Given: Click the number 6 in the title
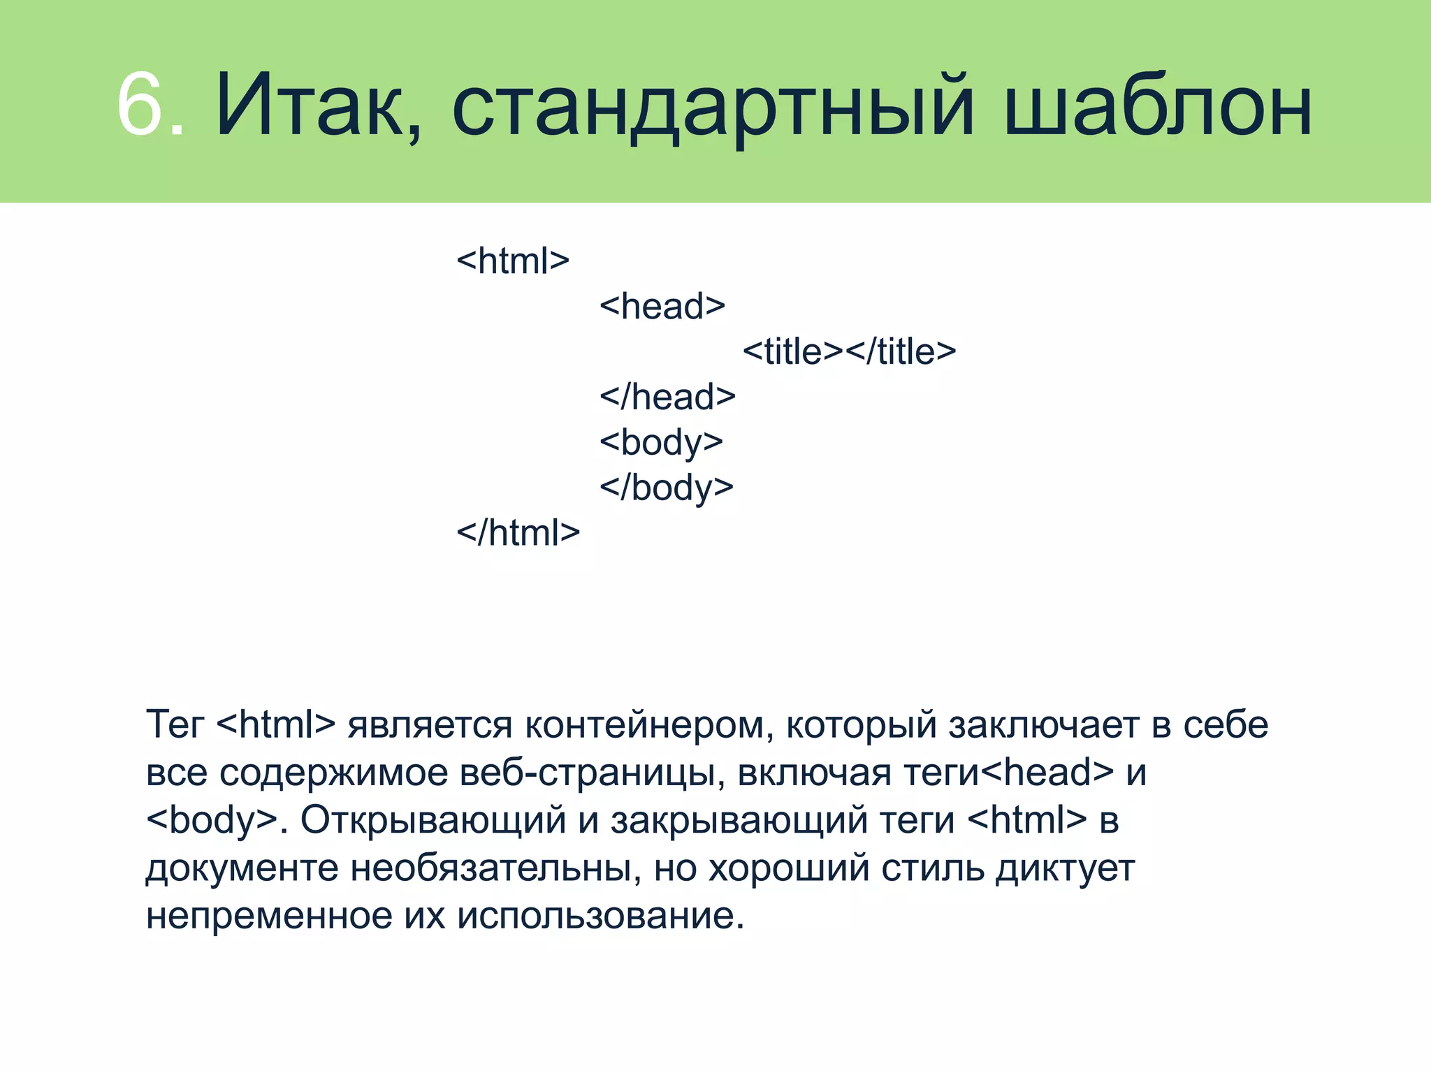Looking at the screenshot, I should (140, 105).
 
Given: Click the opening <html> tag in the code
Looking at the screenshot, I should (513, 261).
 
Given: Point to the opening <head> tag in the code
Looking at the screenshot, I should (662, 307).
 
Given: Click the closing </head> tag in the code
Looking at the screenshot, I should (667, 397).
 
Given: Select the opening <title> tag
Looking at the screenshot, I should (792, 351).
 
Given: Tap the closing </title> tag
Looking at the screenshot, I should (901, 351).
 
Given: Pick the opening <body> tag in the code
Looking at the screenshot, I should (661, 443).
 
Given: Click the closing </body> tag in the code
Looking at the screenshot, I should (666, 488).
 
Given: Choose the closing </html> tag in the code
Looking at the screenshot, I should (518, 533).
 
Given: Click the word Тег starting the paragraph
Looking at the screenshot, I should (175, 725).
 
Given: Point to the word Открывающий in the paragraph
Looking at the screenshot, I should (433, 820).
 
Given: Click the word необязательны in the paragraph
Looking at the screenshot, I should (495, 868).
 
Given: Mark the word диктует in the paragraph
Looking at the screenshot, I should (1065, 868).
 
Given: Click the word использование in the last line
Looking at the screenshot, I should (601, 916).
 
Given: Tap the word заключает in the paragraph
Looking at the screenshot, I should (1044, 725).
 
